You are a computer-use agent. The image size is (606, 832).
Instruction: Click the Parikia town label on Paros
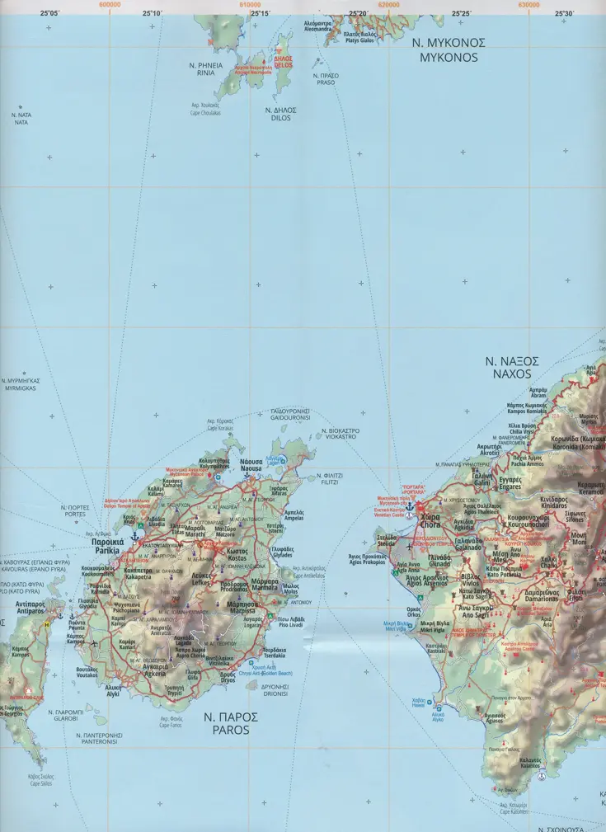click(108, 545)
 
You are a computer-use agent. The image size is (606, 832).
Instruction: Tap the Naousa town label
click(251, 465)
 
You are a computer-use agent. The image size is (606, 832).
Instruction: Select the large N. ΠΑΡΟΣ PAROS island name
click(230, 723)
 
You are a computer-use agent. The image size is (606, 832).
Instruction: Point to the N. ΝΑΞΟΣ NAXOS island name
click(511, 367)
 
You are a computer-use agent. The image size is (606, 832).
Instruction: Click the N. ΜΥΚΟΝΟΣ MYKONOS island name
click(449, 50)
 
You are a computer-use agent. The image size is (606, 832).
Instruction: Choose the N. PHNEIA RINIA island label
click(204, 68)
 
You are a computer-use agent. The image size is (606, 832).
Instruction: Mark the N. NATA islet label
click(21, 119)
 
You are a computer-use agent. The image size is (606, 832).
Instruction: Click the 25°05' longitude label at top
click(49, 13)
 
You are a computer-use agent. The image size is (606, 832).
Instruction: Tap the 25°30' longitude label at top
click(564, 13)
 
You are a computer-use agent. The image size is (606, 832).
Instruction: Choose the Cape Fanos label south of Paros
click(171, 722)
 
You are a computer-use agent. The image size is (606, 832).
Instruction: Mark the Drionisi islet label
click(275, 690)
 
